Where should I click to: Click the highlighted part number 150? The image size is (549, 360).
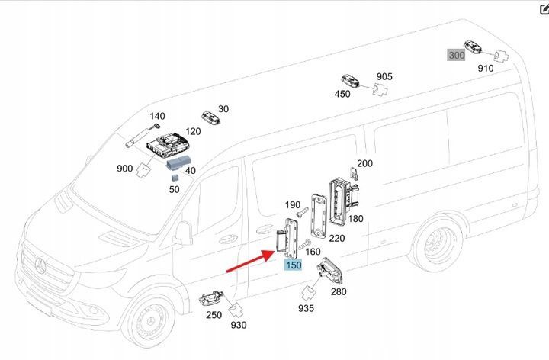tap(294, 265)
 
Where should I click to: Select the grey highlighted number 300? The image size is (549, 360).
tap(456, 55)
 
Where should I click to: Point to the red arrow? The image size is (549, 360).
tap(251, 259)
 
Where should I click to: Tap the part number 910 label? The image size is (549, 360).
tap(486, 69)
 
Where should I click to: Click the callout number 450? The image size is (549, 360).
tap(342, 94)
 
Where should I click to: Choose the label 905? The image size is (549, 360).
tap(384, 77)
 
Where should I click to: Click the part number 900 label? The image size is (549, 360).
tap(124, 168)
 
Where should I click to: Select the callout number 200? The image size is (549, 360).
tap(364, 164)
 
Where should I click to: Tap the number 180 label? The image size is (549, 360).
tap(355, 219)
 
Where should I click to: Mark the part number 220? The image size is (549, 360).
tap(335, 239)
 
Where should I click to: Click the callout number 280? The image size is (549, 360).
tap(338, 291)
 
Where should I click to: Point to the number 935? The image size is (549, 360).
tap(306, 308)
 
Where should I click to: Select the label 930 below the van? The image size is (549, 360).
tap(237, 326)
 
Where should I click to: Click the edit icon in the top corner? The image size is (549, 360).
tap(542, 8)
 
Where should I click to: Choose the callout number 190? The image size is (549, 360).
tap(293, 205)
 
